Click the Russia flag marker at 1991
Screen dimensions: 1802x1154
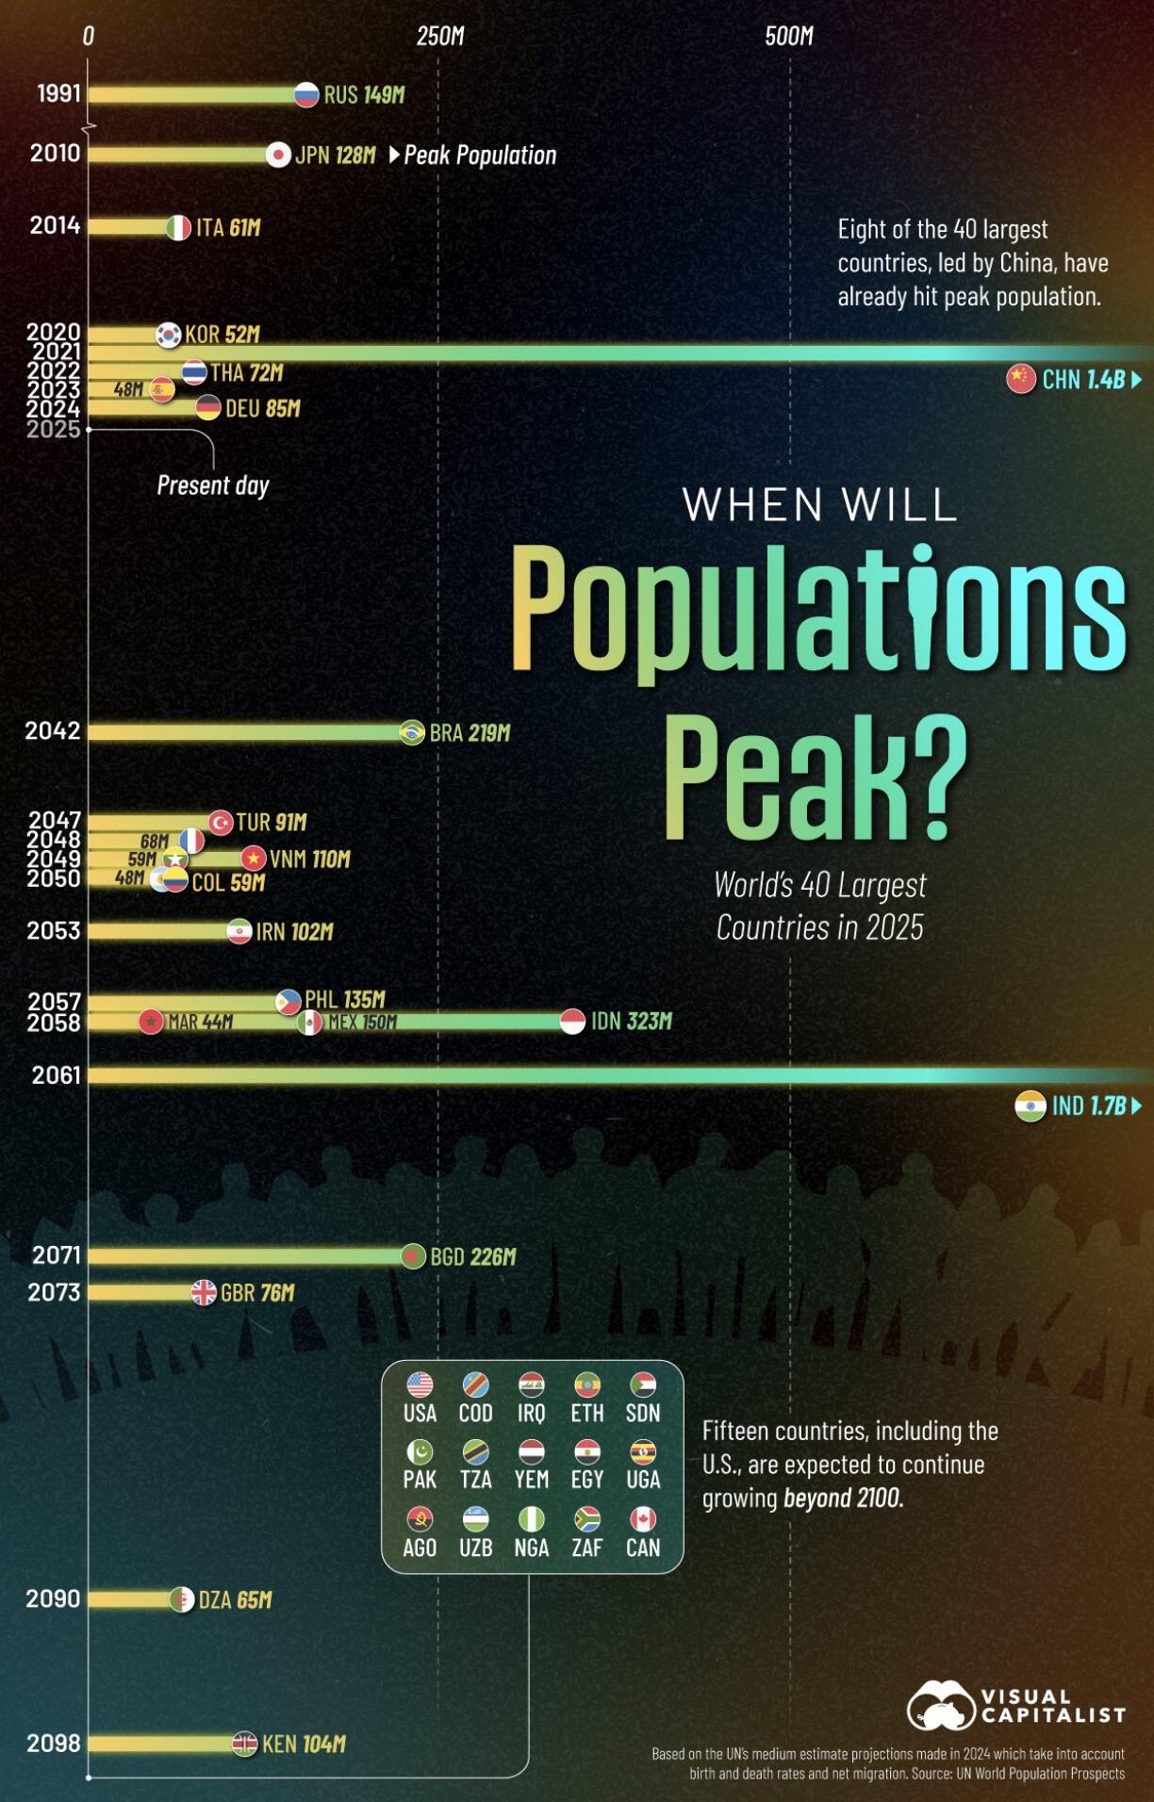point(306,94)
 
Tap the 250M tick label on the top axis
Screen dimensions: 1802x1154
point(440,36)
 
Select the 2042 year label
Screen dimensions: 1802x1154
point(53,731)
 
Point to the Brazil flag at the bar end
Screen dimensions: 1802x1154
point(412,732)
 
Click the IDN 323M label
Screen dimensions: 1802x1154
point(631,1021)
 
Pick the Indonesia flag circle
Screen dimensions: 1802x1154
point(572,1021)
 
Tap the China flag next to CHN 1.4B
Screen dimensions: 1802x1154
point(1021,379)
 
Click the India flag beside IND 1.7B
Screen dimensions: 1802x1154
point(1030,1106)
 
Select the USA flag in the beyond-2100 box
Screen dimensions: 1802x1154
point(420,1384)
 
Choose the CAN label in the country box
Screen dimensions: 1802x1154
point(643,1548)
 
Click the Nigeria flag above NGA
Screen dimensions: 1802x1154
point(532,1519)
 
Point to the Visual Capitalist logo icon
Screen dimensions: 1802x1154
point(940,1705)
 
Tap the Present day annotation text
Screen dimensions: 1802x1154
point(213,485)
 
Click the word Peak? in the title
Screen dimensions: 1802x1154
point(815,778)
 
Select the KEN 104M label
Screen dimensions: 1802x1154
point(304,1745)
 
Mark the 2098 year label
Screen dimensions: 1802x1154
point(54,1744)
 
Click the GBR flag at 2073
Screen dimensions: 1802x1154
point(204,1292)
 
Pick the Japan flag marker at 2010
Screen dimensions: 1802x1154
point(278,155)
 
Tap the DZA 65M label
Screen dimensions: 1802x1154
point(235,1599)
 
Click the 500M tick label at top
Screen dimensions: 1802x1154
point(789,36)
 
